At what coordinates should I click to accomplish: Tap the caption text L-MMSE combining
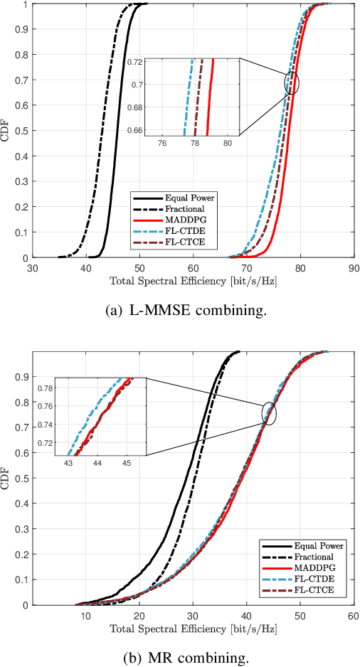click(179, 311)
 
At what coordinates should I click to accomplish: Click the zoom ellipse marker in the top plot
click(292, 82)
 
